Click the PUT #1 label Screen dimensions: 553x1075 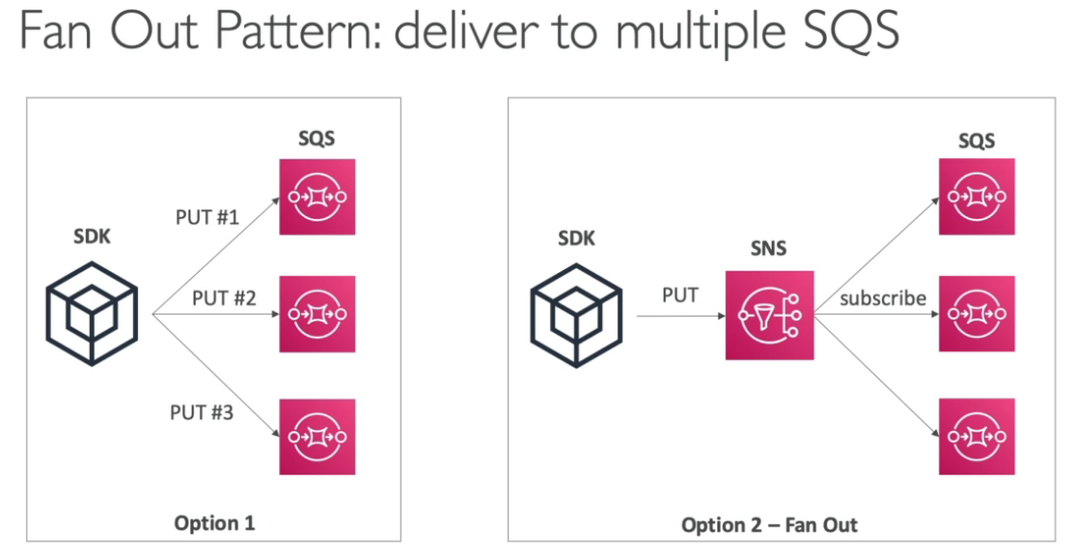pos(207,217)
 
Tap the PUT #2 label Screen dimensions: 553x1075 pos(224,298)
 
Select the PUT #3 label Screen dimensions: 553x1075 pos(202,413)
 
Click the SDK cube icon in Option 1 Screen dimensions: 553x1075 pos(94,313)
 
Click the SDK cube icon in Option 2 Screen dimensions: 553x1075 pos(578,313)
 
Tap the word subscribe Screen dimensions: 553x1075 pos(883,298)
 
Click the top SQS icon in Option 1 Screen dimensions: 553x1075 pos(317,196)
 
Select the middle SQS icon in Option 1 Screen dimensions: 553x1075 pos(317,315)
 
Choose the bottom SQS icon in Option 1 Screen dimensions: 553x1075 pos(317,436)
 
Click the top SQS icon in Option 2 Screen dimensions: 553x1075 pos(977,196)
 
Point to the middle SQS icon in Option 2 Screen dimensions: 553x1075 pos(977,315)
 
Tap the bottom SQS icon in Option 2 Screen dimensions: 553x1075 pos(977,436)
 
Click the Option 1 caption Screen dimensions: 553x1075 pos(214,523)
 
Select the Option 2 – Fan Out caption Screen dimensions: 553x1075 pos(769,526)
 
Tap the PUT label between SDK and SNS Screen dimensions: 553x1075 pos(680,295)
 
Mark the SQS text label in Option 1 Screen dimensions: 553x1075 pos(317,139)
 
